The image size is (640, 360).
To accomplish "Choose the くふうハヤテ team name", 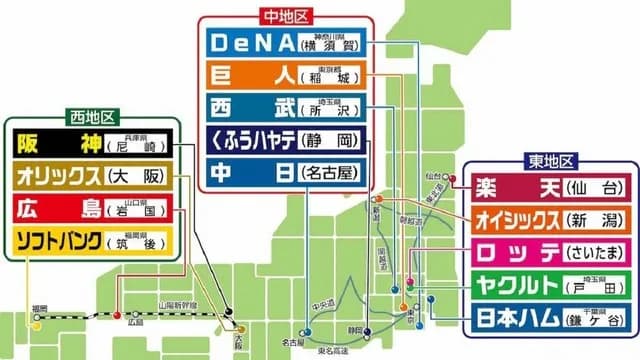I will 253,139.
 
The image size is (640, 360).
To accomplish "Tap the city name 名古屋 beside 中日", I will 329,172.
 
